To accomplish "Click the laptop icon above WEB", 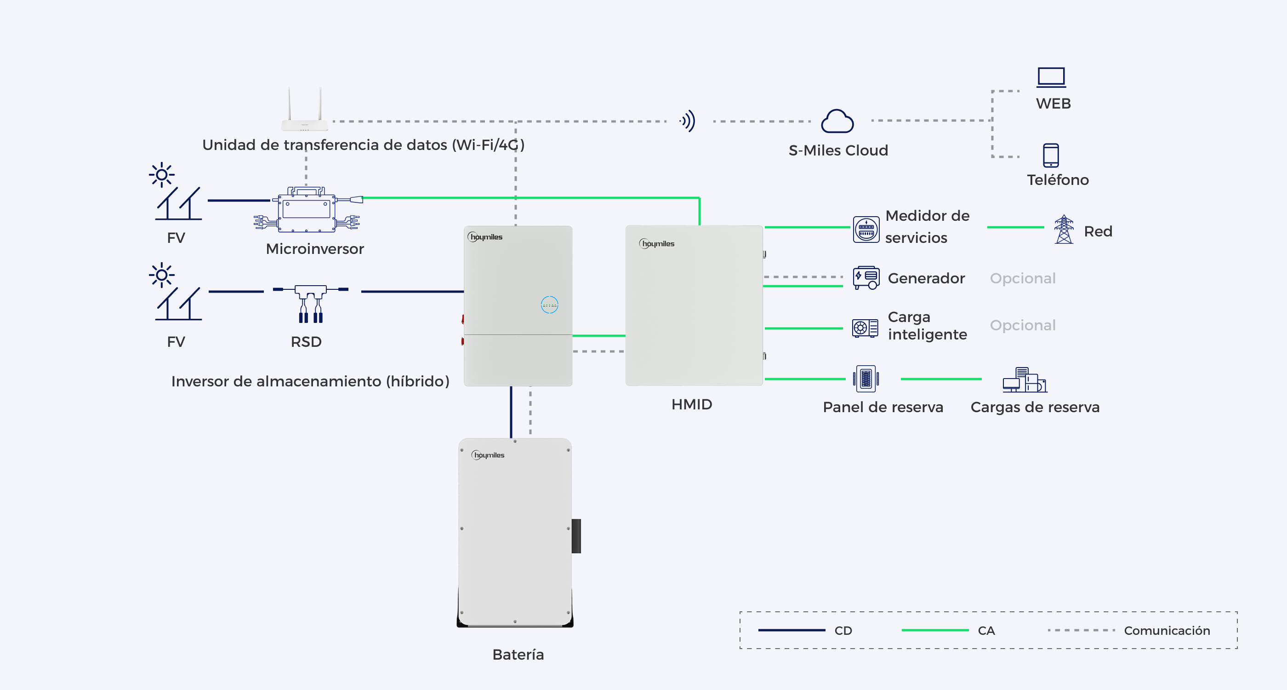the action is coord(1051,77).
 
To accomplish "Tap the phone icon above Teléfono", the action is coord(1051,155).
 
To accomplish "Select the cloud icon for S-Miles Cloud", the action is coord(837,121).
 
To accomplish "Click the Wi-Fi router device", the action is coord(305,109).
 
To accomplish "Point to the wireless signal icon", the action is coord(688,121).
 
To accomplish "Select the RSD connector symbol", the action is coord(310,304).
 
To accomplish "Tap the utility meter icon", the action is coord(866,230).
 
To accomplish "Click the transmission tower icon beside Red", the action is coord(1064,230).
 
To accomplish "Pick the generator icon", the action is coord(866,277).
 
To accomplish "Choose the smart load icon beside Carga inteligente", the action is coord(865,328).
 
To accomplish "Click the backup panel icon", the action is coord(866,379).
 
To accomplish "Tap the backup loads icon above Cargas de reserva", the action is coord(1025,380).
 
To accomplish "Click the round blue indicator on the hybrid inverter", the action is coord(550,305).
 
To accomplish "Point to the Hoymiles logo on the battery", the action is coord(488,455).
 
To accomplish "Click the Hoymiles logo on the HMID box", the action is coord(656,243).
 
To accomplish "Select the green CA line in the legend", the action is coord(935,631).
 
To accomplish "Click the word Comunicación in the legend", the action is coord(1167,631).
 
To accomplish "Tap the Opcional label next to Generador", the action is coord(1023,278).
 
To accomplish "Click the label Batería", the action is coord(518,655).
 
